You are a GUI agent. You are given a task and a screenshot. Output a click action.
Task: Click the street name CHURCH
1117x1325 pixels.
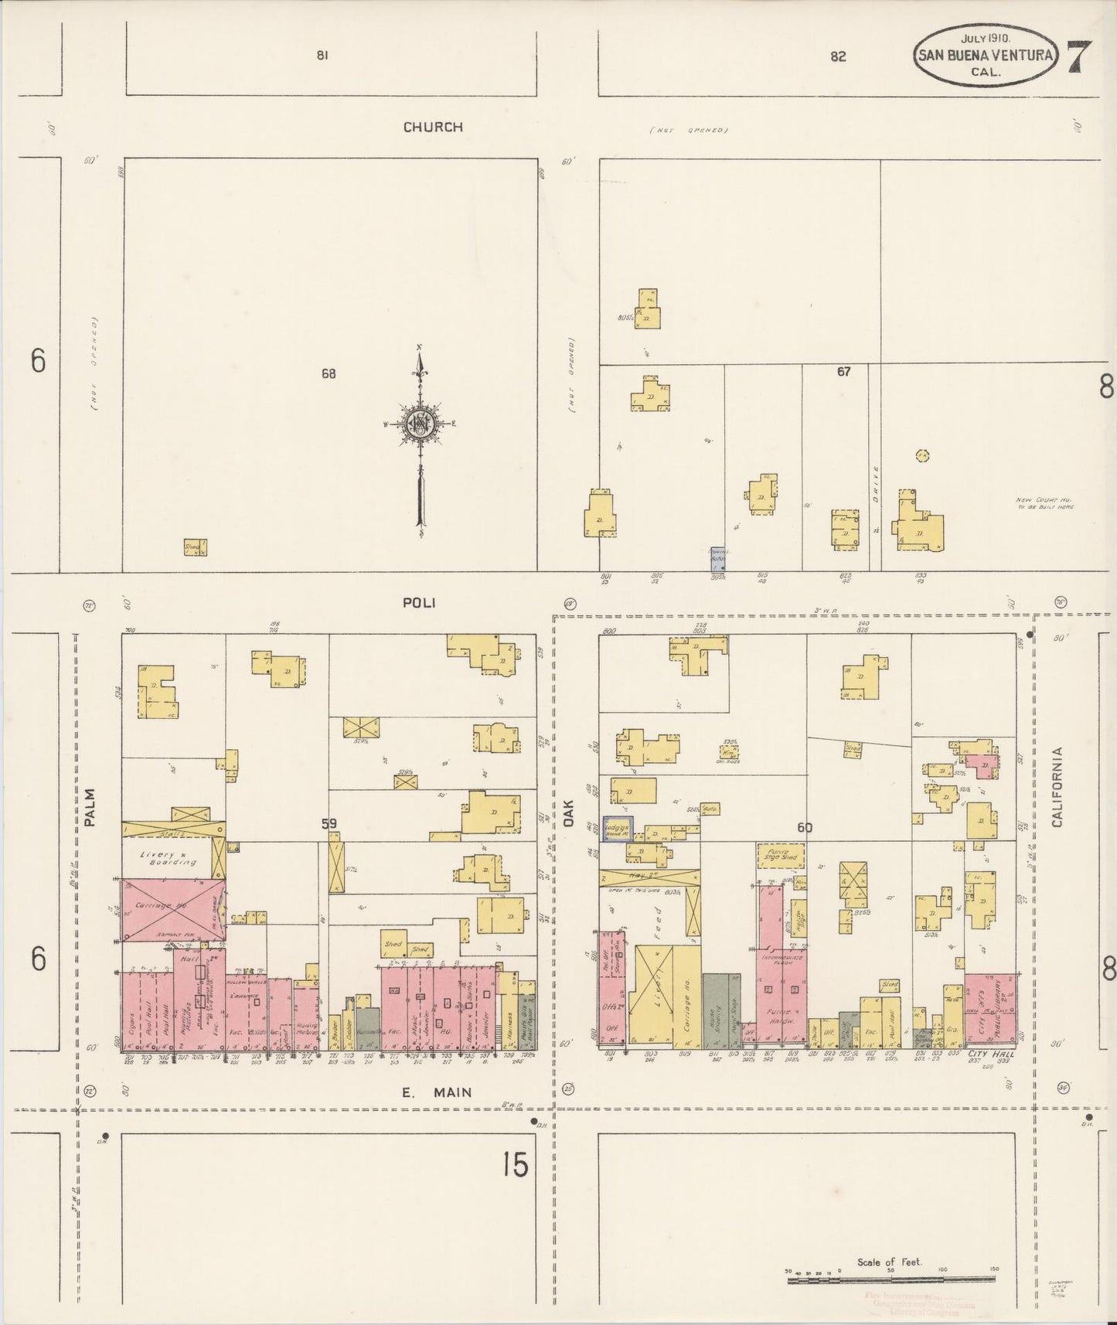click(x=433, y=127)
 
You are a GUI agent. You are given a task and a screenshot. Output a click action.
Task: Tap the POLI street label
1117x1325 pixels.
click(x=419, y=602)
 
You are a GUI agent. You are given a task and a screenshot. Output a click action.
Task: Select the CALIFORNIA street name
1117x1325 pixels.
click(x=1057, y=786)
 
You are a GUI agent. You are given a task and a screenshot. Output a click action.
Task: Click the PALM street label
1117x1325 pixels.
click(x=90, y=808)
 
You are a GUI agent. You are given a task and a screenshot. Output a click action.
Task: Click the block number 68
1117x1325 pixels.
click(x=329, y=373)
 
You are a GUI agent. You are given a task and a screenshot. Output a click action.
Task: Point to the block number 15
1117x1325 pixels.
click(x=514, y=1164)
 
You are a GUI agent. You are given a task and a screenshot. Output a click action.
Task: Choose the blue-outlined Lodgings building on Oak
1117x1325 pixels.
click(x=618, y=828)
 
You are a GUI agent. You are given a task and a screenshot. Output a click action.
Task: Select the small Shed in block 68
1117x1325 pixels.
click(x=195, y=547)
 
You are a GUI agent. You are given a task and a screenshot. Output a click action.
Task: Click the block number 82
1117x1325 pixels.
click(x=838, y=56)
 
